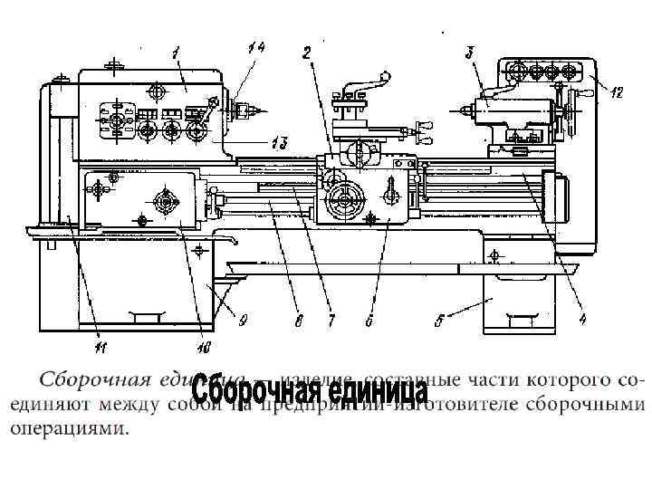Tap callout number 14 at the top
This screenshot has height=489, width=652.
point(255,47)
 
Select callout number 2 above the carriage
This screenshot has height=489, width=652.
point(307,52)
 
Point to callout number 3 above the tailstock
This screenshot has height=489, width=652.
point(470,52)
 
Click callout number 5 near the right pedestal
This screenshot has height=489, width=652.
point(439,319)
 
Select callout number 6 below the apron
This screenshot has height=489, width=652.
point(369,320)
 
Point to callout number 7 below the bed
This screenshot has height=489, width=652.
point(331,320)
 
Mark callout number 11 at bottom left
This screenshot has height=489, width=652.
point(100,344)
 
